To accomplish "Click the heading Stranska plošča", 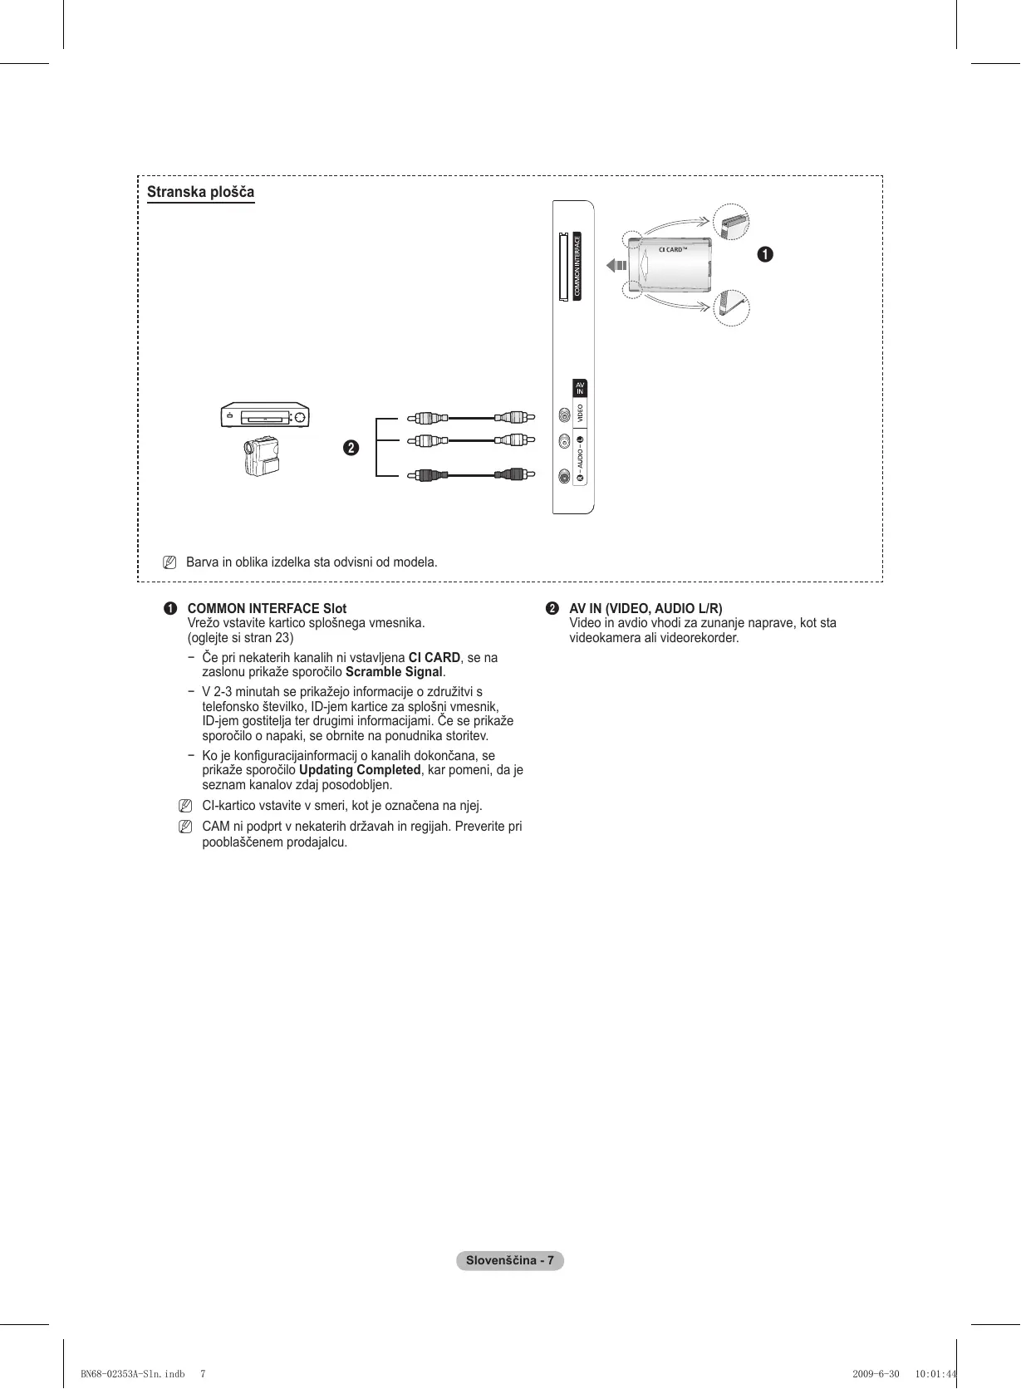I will point(200,192).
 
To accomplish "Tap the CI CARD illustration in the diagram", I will point(670,264).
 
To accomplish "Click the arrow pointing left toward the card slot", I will point(616,266).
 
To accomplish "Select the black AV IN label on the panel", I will point(580,388).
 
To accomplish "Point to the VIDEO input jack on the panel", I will point(565,414).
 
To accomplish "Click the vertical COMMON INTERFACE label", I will point(577,266).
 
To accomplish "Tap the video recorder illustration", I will point(265,415).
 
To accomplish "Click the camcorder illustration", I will point(261,456).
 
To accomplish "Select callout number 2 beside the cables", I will point(351,448).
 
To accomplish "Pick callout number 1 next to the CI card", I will point(764,254).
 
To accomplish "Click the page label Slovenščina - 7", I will point(509,1260).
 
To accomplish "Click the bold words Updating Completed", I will point(360,770).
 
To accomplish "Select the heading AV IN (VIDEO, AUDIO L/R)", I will point(645,608).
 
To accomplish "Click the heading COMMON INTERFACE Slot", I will point(267,608).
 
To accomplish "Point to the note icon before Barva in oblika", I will point(169,562).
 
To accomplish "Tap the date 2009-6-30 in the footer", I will point(876,1373).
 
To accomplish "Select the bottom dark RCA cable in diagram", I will point(470,475).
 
